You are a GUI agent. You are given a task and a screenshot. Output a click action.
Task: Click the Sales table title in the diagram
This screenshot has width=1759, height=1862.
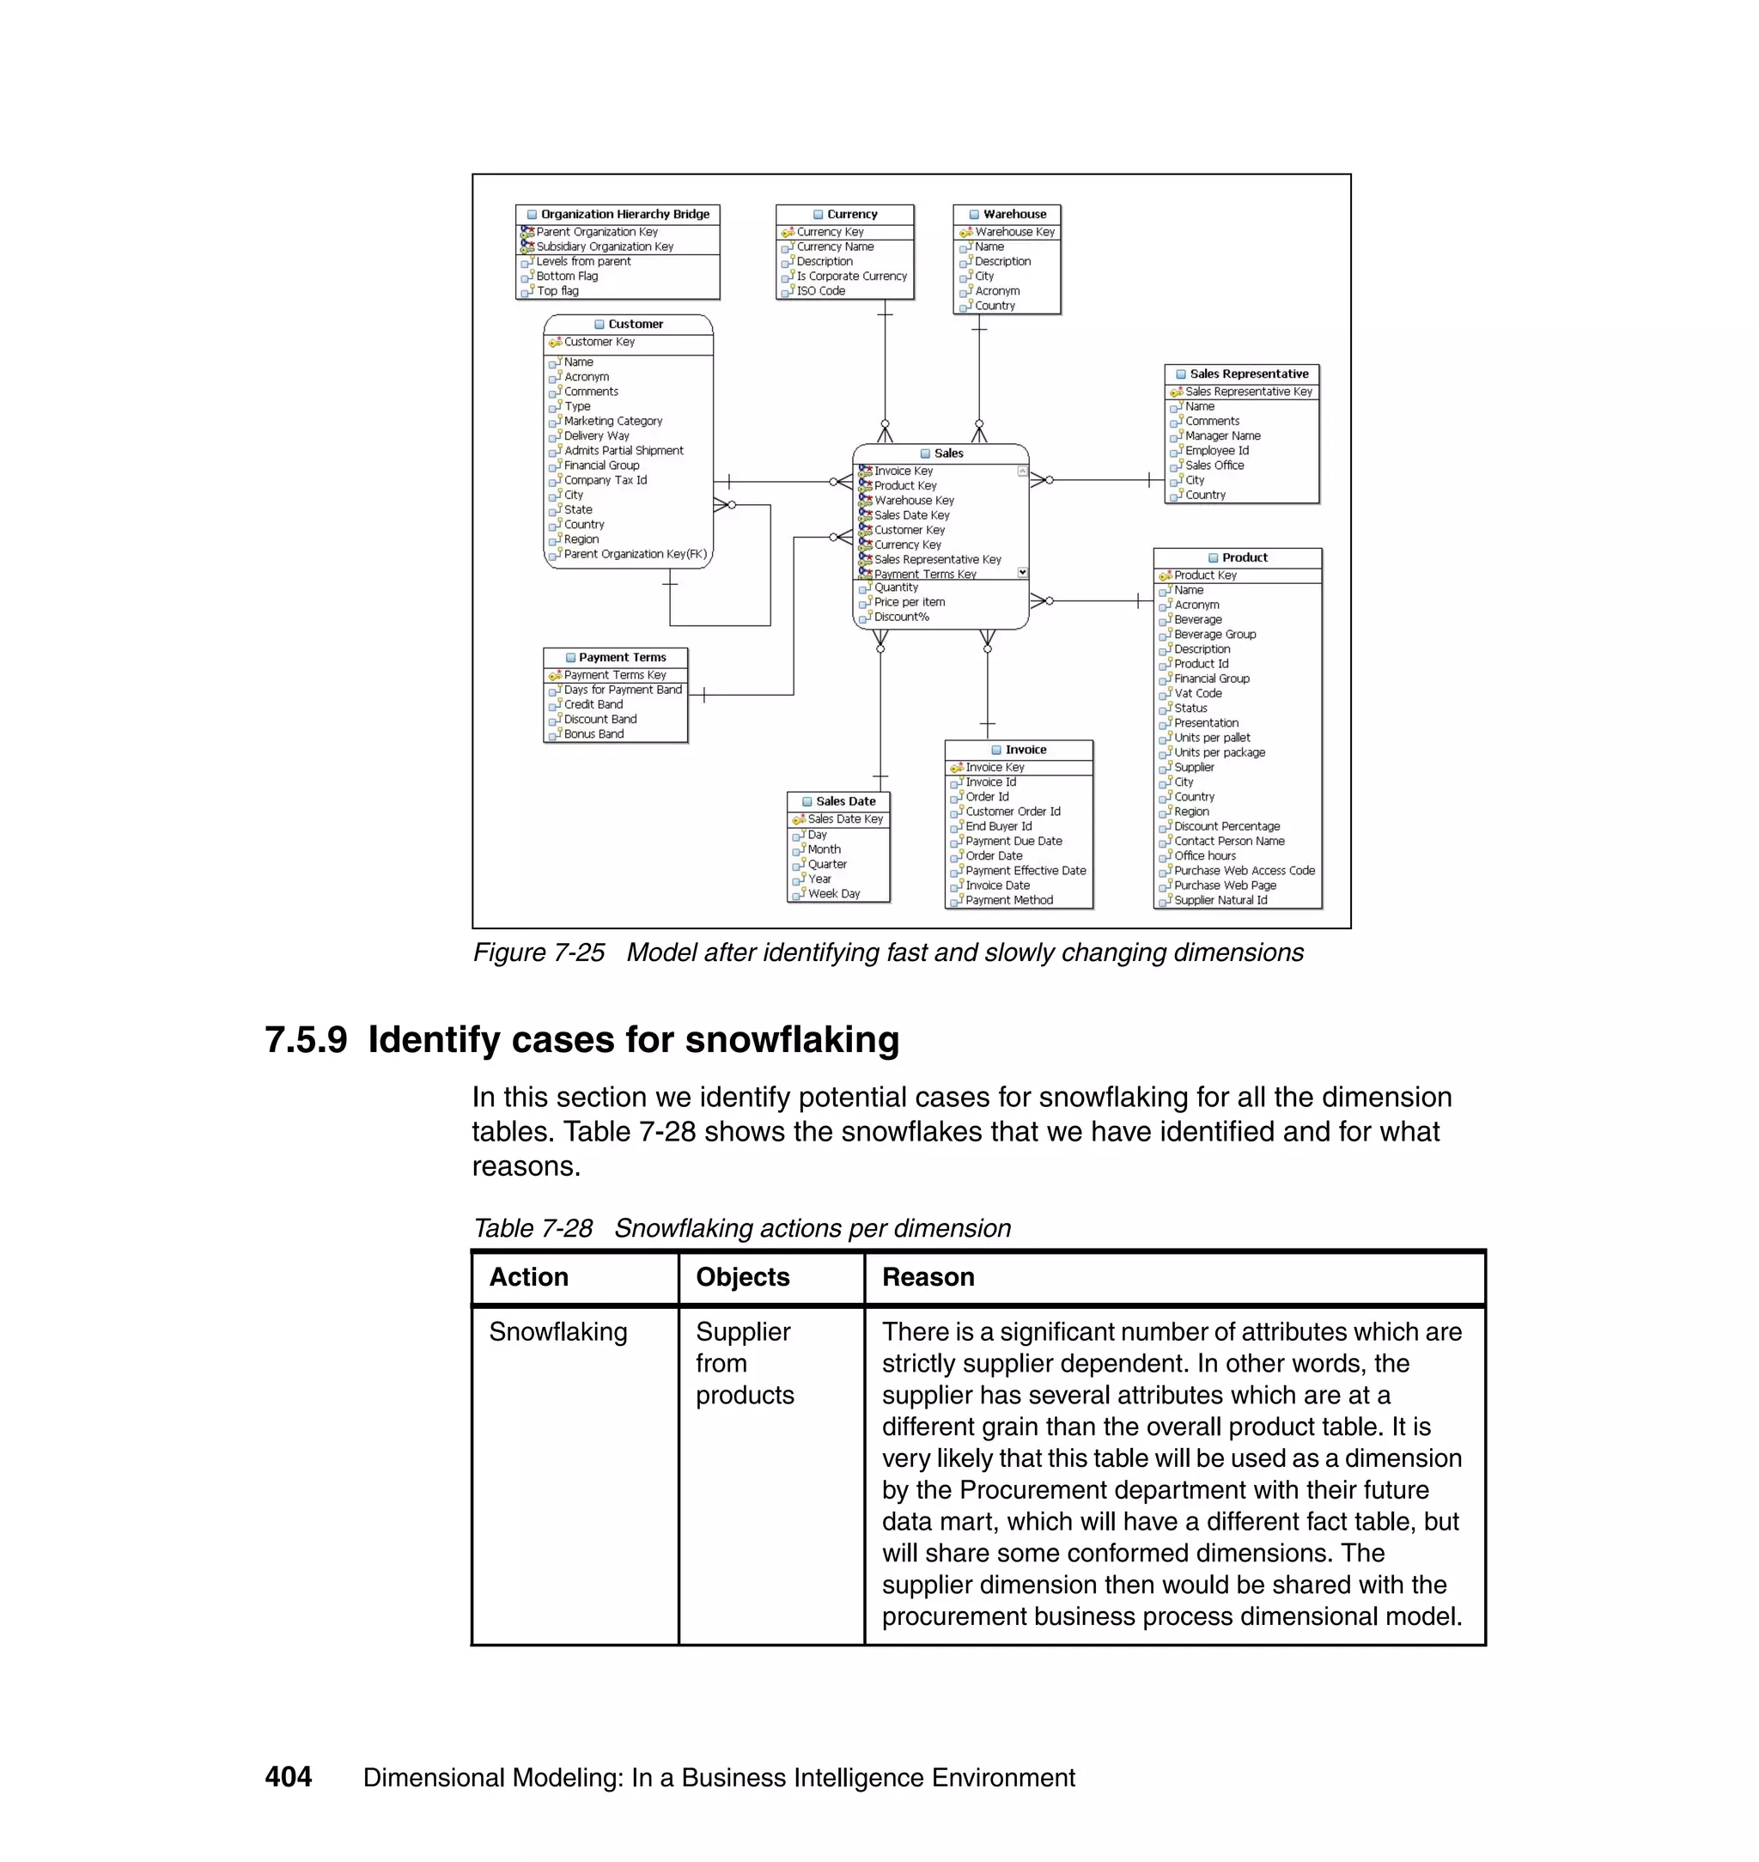coord(948,453)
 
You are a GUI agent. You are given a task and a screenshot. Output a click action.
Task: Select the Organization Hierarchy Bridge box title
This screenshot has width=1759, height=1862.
coord(624,214)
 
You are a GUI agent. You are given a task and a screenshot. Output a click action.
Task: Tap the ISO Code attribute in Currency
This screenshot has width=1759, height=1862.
coord(820,290)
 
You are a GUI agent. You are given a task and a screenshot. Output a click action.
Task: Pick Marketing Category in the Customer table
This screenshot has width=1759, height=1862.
coord(612,421)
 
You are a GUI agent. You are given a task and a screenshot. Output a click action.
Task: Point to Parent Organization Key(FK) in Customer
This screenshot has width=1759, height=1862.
coord(635,554)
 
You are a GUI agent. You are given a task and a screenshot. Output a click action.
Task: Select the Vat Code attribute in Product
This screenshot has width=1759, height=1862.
coord(1197,693)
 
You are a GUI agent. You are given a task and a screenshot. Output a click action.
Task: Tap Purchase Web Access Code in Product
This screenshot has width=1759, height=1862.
coord(1244,870)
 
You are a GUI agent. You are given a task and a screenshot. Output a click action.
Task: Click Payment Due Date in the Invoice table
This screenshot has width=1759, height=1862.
coord(1013,841)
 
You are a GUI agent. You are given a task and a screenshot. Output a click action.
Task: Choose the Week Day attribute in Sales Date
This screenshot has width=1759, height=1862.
coord(834,893)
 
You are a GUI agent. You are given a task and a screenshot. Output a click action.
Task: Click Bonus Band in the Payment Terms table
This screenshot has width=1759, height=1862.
coord(593,734)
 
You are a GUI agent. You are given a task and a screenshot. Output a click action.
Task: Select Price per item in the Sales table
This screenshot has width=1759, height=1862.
coord(909,602)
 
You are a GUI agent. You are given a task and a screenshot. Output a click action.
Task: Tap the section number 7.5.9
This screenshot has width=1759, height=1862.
coord(306,1040)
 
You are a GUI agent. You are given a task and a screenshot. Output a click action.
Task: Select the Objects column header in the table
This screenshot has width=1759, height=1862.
coord(743,1277)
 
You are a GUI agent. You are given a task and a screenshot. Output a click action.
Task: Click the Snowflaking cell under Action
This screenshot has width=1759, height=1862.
coord(558,1331)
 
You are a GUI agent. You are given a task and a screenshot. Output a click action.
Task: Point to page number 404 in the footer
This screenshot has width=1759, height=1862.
coord(288,1777)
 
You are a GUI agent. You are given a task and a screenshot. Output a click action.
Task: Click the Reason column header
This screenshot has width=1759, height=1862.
coord(928,1277)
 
